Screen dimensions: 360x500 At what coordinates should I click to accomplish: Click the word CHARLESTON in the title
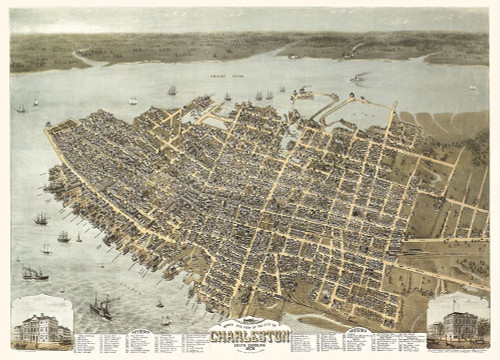coord(249,336)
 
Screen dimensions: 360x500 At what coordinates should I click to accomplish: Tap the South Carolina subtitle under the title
coord(249,345)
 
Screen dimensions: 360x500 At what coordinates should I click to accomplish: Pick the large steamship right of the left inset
coord(101,306)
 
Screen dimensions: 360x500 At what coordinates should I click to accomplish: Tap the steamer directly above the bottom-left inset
coord(35,273)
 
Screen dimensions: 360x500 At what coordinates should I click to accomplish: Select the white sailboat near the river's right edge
coord(473,87)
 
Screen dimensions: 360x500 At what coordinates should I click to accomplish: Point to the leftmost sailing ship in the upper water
coord(21,107)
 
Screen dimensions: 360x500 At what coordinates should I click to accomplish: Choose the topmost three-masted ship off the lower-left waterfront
coord(41,218)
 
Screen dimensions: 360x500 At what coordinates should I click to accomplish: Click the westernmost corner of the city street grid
coord(47,130)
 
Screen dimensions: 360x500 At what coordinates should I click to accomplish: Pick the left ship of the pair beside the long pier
coord(258,95)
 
